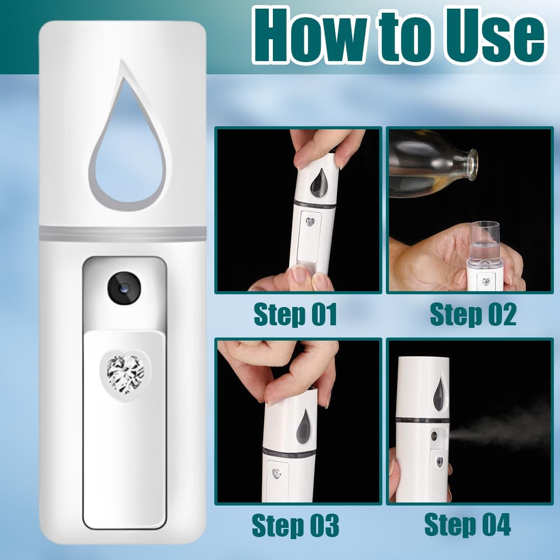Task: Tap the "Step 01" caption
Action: click(295, 314)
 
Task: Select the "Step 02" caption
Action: click(473, 314)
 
